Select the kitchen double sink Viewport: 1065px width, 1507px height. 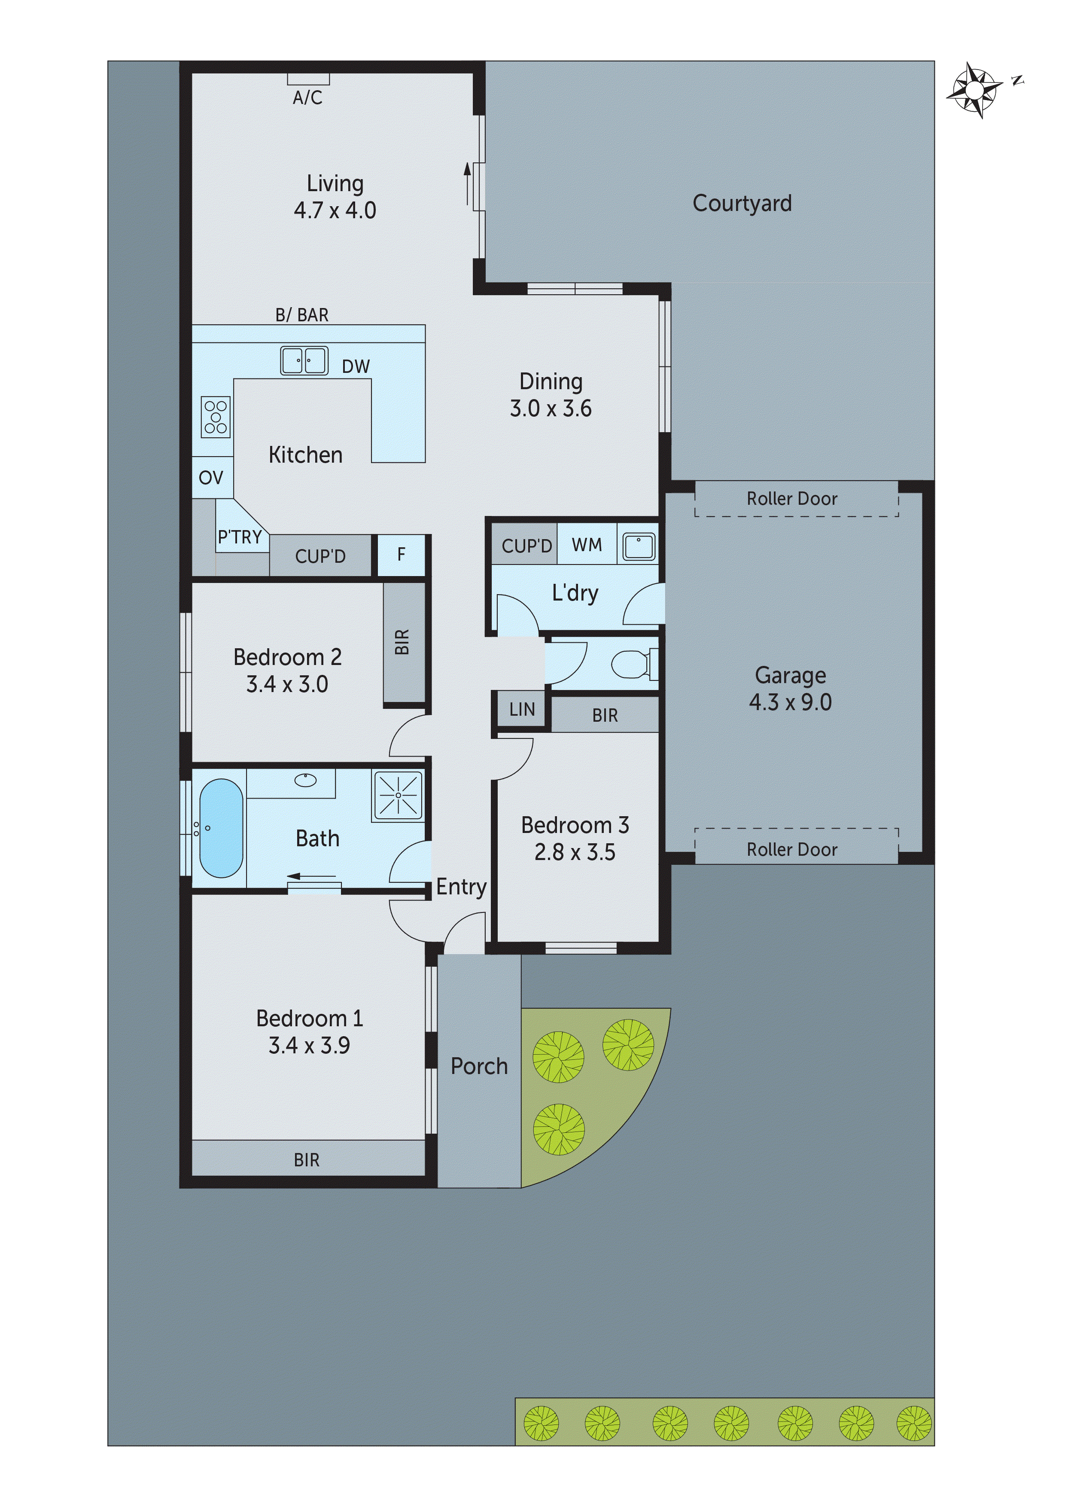click(x=304, y=360)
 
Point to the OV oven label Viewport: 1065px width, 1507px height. click(x=210, y=478)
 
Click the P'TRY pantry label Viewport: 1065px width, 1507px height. click(x=240, y=537)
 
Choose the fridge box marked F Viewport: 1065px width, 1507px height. click(x=401, y=555)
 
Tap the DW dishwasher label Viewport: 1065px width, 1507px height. click(x=356, y=366)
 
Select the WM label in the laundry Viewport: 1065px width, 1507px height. click(x=587, y=545)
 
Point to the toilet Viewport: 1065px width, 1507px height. click(x=632, y=664)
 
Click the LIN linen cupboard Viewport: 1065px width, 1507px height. click(x=522, y=710)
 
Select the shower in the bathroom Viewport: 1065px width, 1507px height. click(x=399, y=795)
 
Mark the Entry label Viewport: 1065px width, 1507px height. click(x=461, y=887)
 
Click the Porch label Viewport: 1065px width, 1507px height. click(x=479, y=1066)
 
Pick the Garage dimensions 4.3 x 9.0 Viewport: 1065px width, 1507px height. click(x=790, y=702)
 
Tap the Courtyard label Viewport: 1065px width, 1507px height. click(x=742, y=204)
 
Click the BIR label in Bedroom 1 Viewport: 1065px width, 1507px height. click(x=307, y=1160)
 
